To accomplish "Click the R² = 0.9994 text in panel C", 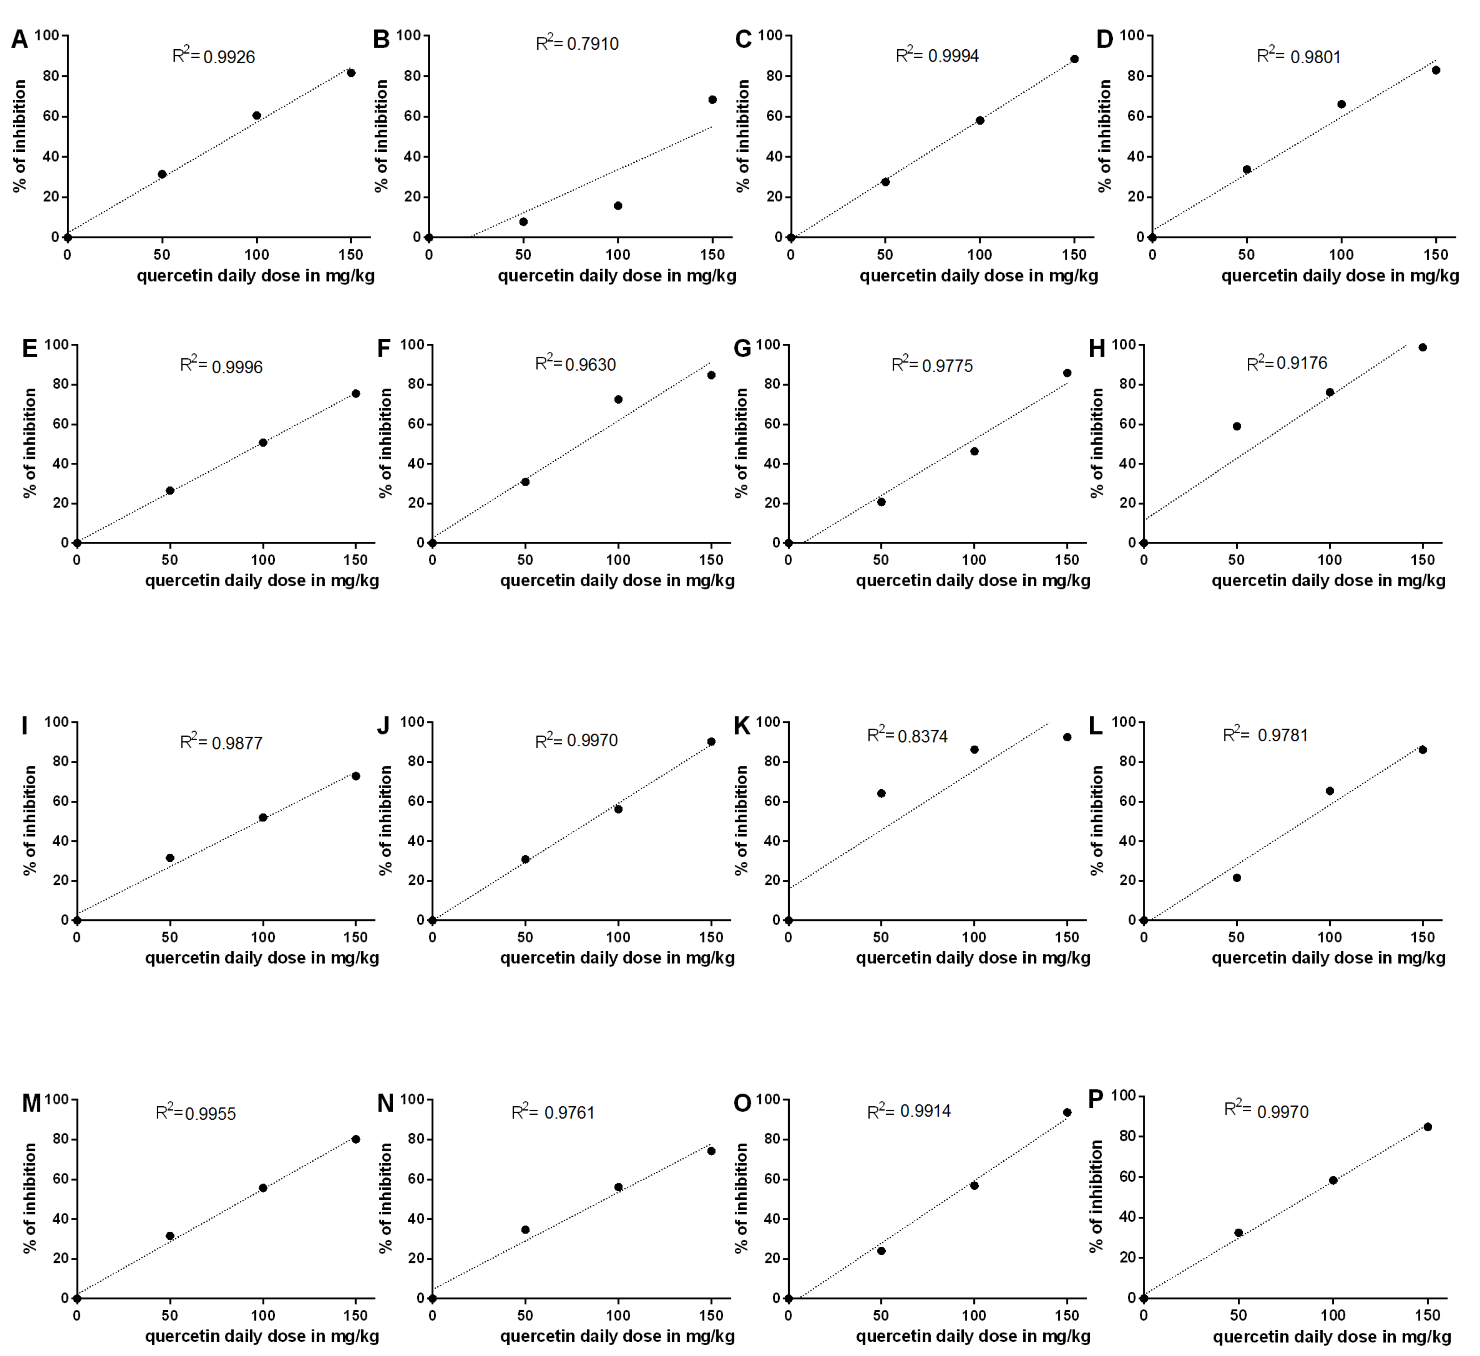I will coord(938,55).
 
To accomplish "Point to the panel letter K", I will coord(742,726).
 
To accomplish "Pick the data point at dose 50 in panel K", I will coord(881,793).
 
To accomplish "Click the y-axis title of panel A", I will coord(20,136).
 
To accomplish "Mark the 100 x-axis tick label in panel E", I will coord(263,560).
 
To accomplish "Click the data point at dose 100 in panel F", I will coord(618,399).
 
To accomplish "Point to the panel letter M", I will coord(31,1103).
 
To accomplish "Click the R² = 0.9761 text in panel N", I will coord(553,1112).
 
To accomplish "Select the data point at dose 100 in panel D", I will coord(1341,104).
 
